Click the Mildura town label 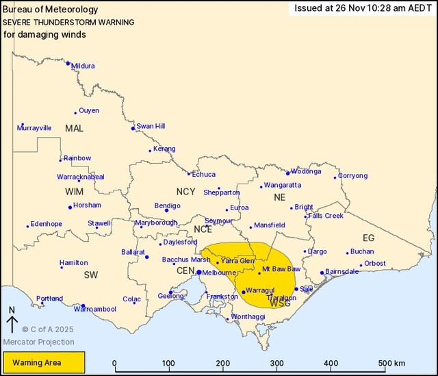83,66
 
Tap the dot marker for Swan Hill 133,128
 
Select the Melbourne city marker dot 198,273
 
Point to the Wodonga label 306,171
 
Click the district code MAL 74,129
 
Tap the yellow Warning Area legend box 44,362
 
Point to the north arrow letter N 12,310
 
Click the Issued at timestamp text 362,8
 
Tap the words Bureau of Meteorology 51,10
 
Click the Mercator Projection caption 38,342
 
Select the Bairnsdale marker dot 322,273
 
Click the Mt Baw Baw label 281,268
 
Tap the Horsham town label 88,205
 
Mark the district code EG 368,238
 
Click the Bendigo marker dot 166,210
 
